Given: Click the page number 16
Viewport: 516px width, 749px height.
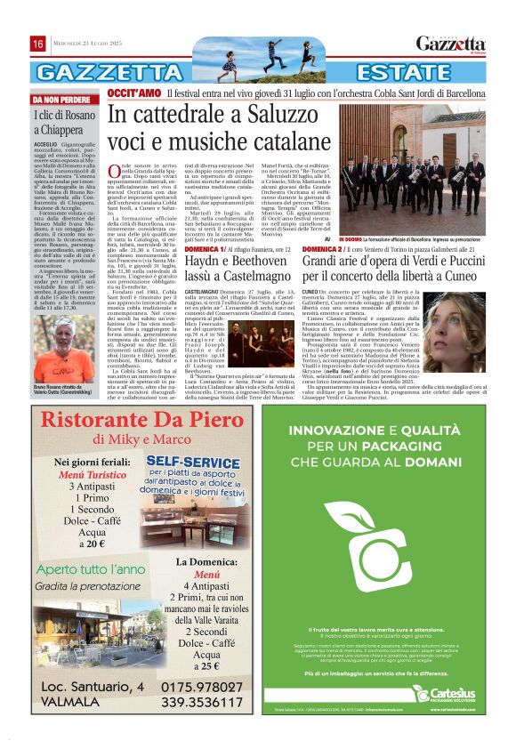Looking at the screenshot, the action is click(x=38, y=44).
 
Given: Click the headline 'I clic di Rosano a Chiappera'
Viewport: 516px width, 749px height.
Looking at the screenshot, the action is click(x=67, y=122).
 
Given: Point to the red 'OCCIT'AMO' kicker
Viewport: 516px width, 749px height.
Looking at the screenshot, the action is click(x=134, y=93).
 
